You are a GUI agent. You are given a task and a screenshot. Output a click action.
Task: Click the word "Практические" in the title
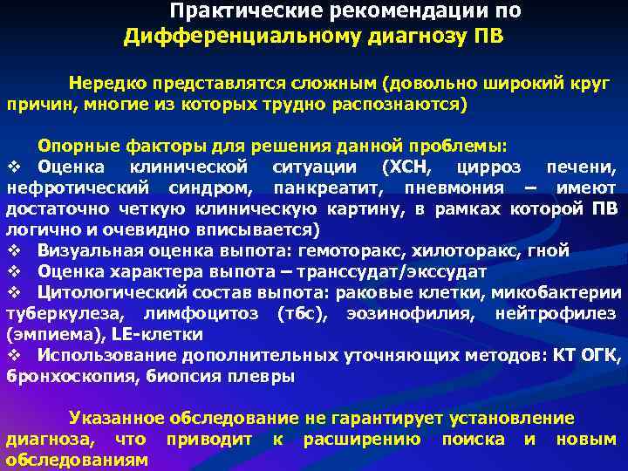tap(229, 12)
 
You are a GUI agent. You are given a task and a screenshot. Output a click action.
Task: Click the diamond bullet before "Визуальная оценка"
tap(13, 250)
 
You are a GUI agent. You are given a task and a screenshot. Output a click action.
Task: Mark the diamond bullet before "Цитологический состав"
tap(13, 292)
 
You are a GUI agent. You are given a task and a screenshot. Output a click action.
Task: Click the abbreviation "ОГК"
tap(603, 356)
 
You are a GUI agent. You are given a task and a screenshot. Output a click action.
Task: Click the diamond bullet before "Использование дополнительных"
tap(13, 356)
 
